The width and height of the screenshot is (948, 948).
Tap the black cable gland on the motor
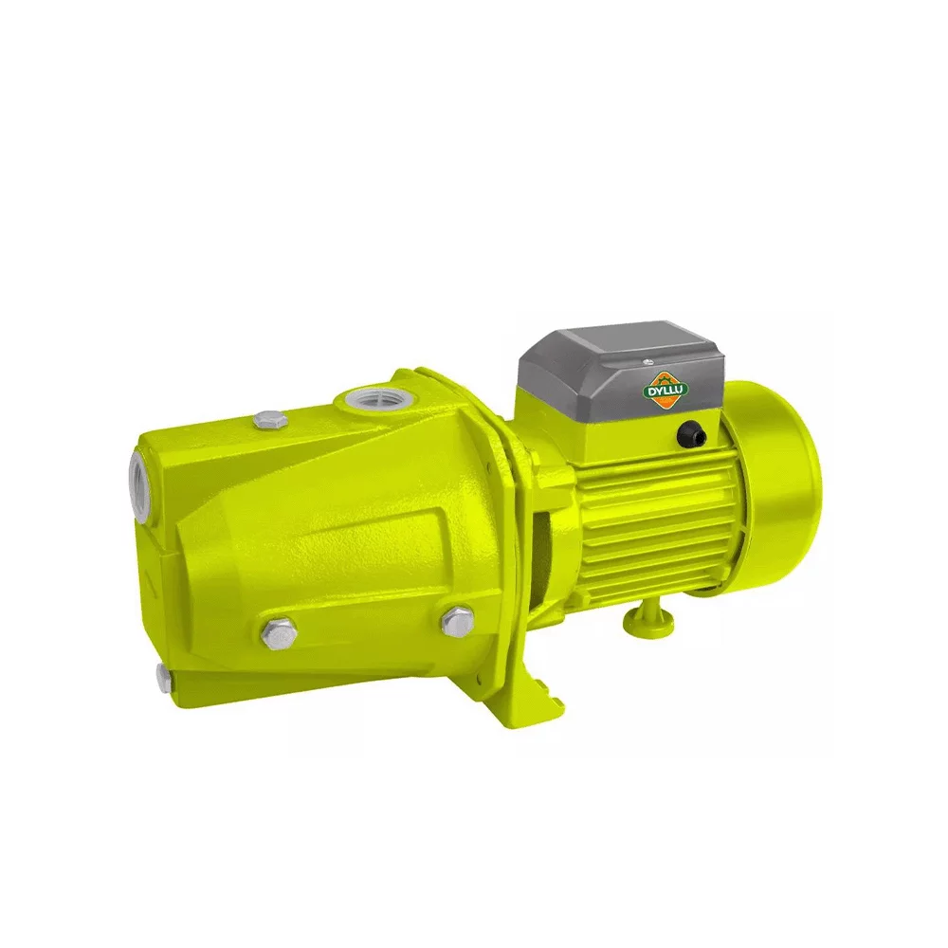(689, 435)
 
